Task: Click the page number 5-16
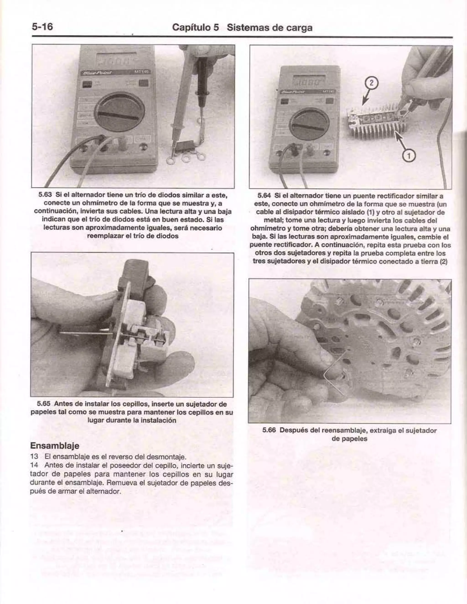pos(42,27)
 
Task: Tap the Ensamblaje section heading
pos(54,445)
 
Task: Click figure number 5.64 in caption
pos(264,196)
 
